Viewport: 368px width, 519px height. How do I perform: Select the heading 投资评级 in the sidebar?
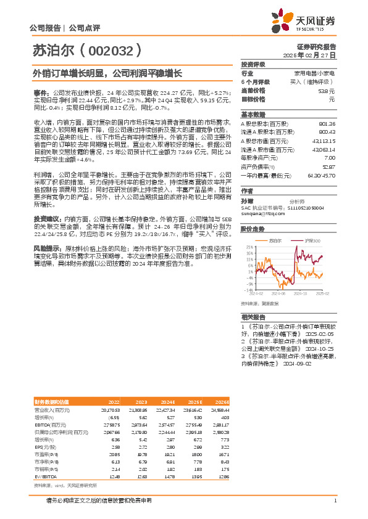(x=253, y=64)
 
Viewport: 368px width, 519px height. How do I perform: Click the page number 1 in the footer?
(x=335, y=501)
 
